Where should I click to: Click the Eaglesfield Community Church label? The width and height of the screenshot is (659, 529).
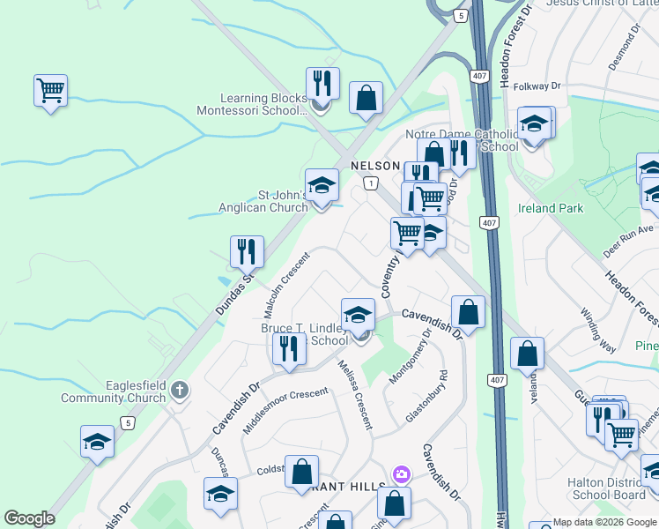tap(113, 391)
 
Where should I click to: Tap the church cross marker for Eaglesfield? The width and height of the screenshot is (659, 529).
tap(180, 389)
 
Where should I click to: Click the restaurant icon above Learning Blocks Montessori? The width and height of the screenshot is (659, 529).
tap(322, 84)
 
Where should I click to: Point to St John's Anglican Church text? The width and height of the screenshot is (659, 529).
tap(263, 201)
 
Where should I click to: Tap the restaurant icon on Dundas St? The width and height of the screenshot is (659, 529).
tap(247, 251)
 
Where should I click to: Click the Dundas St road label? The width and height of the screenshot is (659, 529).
tap(235, 287)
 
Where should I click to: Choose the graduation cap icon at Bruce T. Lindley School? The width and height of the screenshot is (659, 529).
tap(359, 314)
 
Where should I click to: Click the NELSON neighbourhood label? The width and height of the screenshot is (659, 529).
tap(375, 166)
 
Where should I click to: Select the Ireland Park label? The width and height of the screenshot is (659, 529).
tap(558, 209)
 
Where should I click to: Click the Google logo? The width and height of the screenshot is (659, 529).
tap(29, 518)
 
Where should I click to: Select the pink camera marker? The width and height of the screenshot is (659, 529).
tap(402, 474)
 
